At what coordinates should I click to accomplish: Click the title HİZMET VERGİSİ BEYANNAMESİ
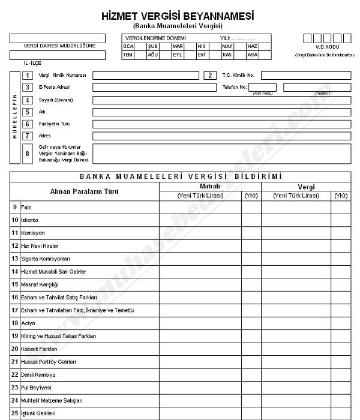(x=185, y=16)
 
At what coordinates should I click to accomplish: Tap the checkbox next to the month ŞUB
(x=164, y=46)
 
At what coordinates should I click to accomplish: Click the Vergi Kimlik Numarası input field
(x=145, y=76)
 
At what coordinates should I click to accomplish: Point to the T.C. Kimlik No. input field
(x=305, y=76)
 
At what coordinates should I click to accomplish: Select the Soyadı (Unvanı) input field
(x=221, y=100)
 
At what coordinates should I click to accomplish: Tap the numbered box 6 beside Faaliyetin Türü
(x=27, y=124)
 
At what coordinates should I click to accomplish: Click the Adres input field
(x=221, y=136)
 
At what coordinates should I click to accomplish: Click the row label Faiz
(x=25, y=207)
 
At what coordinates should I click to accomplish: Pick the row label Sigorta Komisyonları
(x=46, y=259)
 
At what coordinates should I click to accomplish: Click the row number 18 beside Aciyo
(x=14, y=323)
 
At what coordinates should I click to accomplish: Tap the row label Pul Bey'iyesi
(x=36, y=388)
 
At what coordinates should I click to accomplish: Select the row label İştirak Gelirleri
(x=38, y=413)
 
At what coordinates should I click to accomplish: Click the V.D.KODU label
(x=327, y=47)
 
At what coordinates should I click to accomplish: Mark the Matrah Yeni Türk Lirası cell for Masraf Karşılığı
(x=200, y=284)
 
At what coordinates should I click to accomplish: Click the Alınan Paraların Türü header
(x=84, y=191)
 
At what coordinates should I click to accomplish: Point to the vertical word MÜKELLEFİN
(x=15, y=116)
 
